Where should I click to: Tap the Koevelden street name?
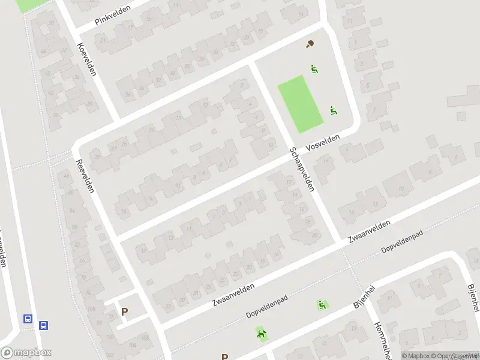[x=87, y=59]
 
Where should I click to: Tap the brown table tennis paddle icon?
[x=310, y=44]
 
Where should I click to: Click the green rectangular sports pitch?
[x=301, y=103]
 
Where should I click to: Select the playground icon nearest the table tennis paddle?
[x=314, y=69]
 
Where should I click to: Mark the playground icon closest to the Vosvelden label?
[x=334, y=110]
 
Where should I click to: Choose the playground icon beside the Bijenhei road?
[x=323, y=305]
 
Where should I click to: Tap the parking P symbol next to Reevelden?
[x=125, y=311]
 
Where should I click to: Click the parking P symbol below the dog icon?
[x=224, y=356]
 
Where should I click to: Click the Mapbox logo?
[x=26, y=352]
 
